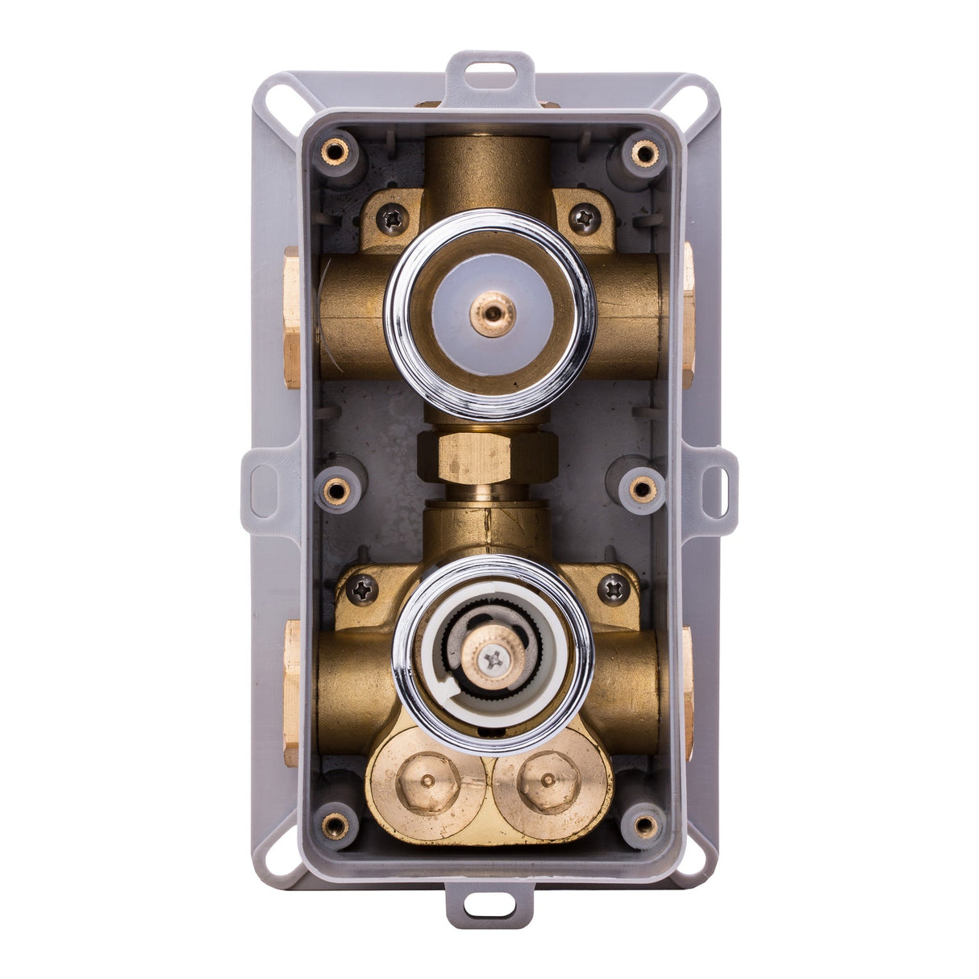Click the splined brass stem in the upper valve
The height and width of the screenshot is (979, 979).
(x=491, y=313)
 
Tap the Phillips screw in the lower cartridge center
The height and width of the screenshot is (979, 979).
(x=493, y=660)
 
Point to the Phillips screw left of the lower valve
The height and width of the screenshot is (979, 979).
(x=363, y=589)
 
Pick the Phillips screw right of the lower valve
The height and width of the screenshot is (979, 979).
(x=614, y=589)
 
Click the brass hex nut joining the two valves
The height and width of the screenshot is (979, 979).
(x=487, y=456)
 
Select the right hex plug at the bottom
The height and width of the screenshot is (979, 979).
(x=550, y=781)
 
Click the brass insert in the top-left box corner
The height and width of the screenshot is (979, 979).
(x=333, y=152)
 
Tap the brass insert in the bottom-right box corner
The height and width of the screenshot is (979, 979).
(x=644, y=824)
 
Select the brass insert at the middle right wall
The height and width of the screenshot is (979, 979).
(x=643, y=488)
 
